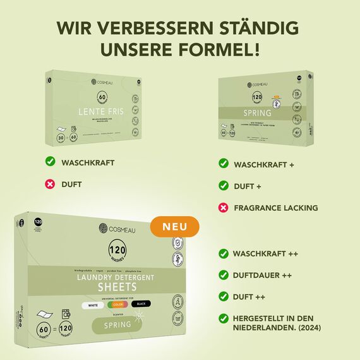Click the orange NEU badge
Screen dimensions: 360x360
click(x=175, y=226)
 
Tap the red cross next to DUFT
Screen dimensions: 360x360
click(x=50, y=184)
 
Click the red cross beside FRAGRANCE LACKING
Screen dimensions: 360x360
click(x=223, y=207)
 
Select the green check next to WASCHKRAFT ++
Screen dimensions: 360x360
click(x=223, y=253)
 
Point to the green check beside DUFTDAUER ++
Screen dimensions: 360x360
click(x=223, y=275)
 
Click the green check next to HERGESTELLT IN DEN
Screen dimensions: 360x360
click(x=223, y=318)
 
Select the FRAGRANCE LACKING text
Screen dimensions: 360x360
click(x=276, y=208)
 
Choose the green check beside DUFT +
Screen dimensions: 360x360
click(x=223, y=186)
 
